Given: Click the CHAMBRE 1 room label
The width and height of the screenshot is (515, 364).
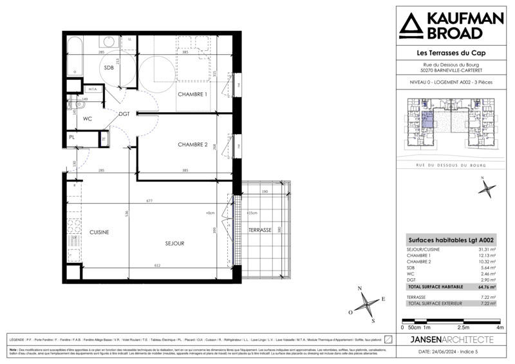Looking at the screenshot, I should [x=192, y=95].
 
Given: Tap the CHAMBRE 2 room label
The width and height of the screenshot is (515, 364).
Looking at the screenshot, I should [x=192, y=145].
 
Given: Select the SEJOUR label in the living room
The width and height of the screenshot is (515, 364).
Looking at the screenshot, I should [x=173, y=244].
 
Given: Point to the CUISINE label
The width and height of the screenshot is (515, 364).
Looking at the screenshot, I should [x=98, y=232].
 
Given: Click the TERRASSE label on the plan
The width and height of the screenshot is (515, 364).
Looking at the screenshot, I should [x=261, y=230].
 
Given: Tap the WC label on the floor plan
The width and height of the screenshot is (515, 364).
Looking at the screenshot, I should [x=88, y=119].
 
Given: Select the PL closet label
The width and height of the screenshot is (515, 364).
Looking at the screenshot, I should [x=73, y=138].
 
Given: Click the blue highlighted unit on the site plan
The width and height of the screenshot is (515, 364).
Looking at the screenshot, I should [x=427, y=120].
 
